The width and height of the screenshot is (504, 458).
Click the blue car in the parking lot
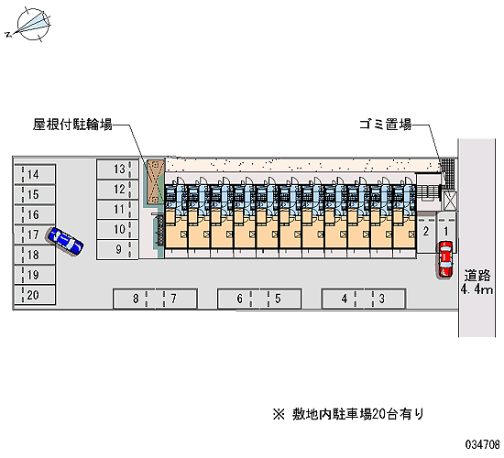pos(66,242)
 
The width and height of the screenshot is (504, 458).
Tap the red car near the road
pos(445,259)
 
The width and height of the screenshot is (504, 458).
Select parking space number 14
pos(35,175)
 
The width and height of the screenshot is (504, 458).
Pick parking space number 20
pos(35,295)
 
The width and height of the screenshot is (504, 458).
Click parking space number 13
pos(117,169)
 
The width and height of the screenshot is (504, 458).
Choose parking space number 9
pos(117,249)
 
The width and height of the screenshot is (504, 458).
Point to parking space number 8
pos(135,299)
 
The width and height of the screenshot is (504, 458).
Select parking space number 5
pos(280,299)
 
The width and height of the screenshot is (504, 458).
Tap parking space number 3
pos(385,299)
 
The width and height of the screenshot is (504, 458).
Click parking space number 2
pos(426,232)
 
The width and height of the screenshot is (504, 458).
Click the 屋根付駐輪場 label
pos(72,125)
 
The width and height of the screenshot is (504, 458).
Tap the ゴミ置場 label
pos(386,125)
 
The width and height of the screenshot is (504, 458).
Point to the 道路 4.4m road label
pos(477,282)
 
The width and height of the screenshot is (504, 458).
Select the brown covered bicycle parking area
pos(156,181)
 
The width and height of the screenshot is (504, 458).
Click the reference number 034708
pos(482,444)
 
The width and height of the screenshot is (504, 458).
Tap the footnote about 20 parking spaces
pos(348,414)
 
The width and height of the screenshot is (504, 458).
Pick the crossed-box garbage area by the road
pos(450,200)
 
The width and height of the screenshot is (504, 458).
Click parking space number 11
pos(117,210)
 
